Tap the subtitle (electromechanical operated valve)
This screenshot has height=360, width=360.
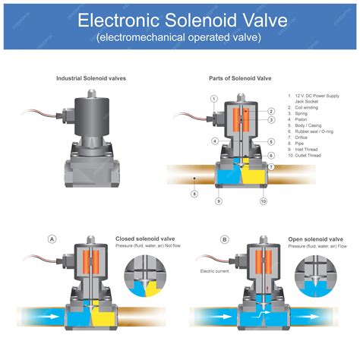point(180,36)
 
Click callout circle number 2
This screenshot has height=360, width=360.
point(271,111)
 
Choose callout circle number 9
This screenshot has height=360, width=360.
point(219,201)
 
